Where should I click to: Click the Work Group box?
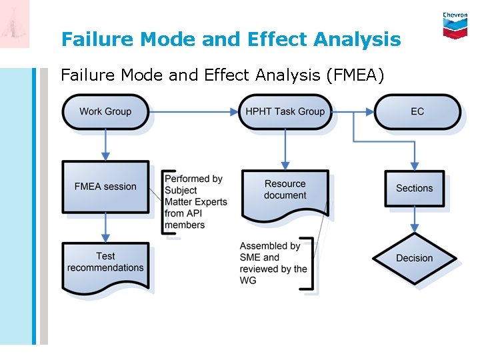(x=105, y=111)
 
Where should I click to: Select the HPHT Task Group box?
(x=285, y=111)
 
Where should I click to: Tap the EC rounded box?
(x=417, y=111)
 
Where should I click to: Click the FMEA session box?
(x=105, y=187)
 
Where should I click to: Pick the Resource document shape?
(x=285, y=191)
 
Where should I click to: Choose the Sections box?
(x=414, y=188)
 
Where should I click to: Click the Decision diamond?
(x=414, y=259)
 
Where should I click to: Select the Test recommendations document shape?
(x=105, y=265)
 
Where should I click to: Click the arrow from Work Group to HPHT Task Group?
(x=193, y=111)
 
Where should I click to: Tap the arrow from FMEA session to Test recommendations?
(x=105, y=228)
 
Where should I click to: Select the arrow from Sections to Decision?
(x=414, y=219)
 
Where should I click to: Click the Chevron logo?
(x=455, y=25)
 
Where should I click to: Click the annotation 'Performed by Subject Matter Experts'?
(x=195, y=201)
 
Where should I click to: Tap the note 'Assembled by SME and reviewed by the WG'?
(x=273, y=263)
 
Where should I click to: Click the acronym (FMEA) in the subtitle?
(x=355, y=75)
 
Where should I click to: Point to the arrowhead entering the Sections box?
(x=414, y=167)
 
